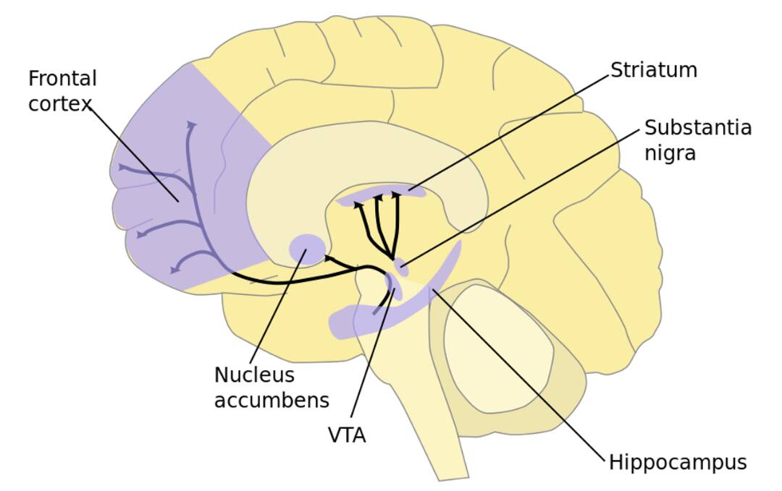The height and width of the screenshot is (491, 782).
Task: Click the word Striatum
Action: (x=653, y=70)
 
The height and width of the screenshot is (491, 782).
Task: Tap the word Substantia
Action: (x=698, y=128)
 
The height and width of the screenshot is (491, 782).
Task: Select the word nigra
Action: (x=670, y=153)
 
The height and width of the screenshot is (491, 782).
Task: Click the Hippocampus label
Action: (x=677, y=462)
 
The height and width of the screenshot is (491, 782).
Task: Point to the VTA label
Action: (x=347, y=435)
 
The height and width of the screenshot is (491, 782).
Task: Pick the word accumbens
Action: (x=272, y=400)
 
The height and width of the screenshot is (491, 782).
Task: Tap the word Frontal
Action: (x=62, y=78)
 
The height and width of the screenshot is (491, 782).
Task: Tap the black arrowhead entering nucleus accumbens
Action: (x=329, y=257)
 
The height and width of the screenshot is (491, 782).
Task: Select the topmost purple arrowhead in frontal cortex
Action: (x=192, y=125)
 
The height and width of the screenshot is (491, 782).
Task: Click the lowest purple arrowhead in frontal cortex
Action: (x=174, y=270)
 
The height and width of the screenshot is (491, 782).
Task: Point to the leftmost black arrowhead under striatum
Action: (x=358, y=205)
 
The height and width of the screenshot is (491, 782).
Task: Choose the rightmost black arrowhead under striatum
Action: (x=396, y=195)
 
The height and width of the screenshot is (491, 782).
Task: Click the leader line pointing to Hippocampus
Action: (x=521, y=376)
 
